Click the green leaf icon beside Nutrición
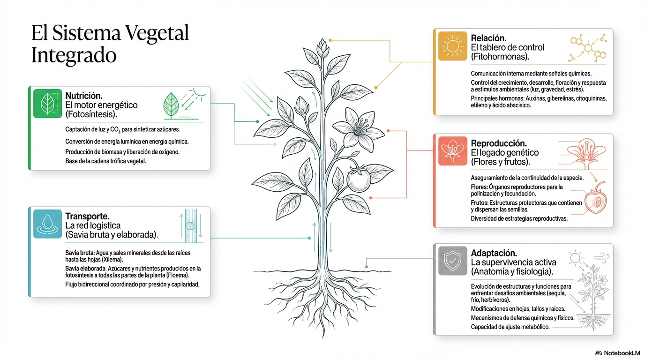tap(47, 104)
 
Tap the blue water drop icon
tap(47, 224)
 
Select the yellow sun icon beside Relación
tap(453, 46)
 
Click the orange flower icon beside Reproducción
tap(453, 151)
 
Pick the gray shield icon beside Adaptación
tap(453, 261)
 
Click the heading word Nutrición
tap(84, 96)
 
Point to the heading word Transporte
tap(87, 216)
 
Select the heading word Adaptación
tap(494, 253)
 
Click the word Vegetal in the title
tap(157, 33)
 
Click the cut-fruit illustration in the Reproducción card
tap(595, 199)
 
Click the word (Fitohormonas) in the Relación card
tap(500, 57)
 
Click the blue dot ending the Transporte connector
tap(309, 238)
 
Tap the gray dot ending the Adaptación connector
tap(366, 267)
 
